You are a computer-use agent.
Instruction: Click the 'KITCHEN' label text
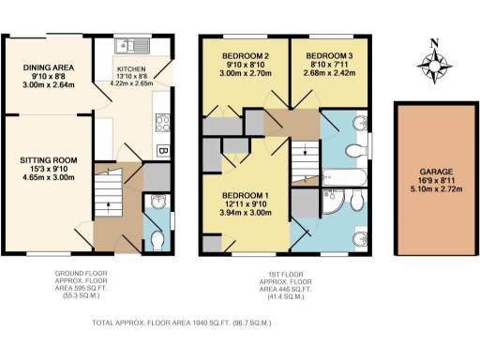pos(132,69)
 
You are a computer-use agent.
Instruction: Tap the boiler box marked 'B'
pos(162,151)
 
